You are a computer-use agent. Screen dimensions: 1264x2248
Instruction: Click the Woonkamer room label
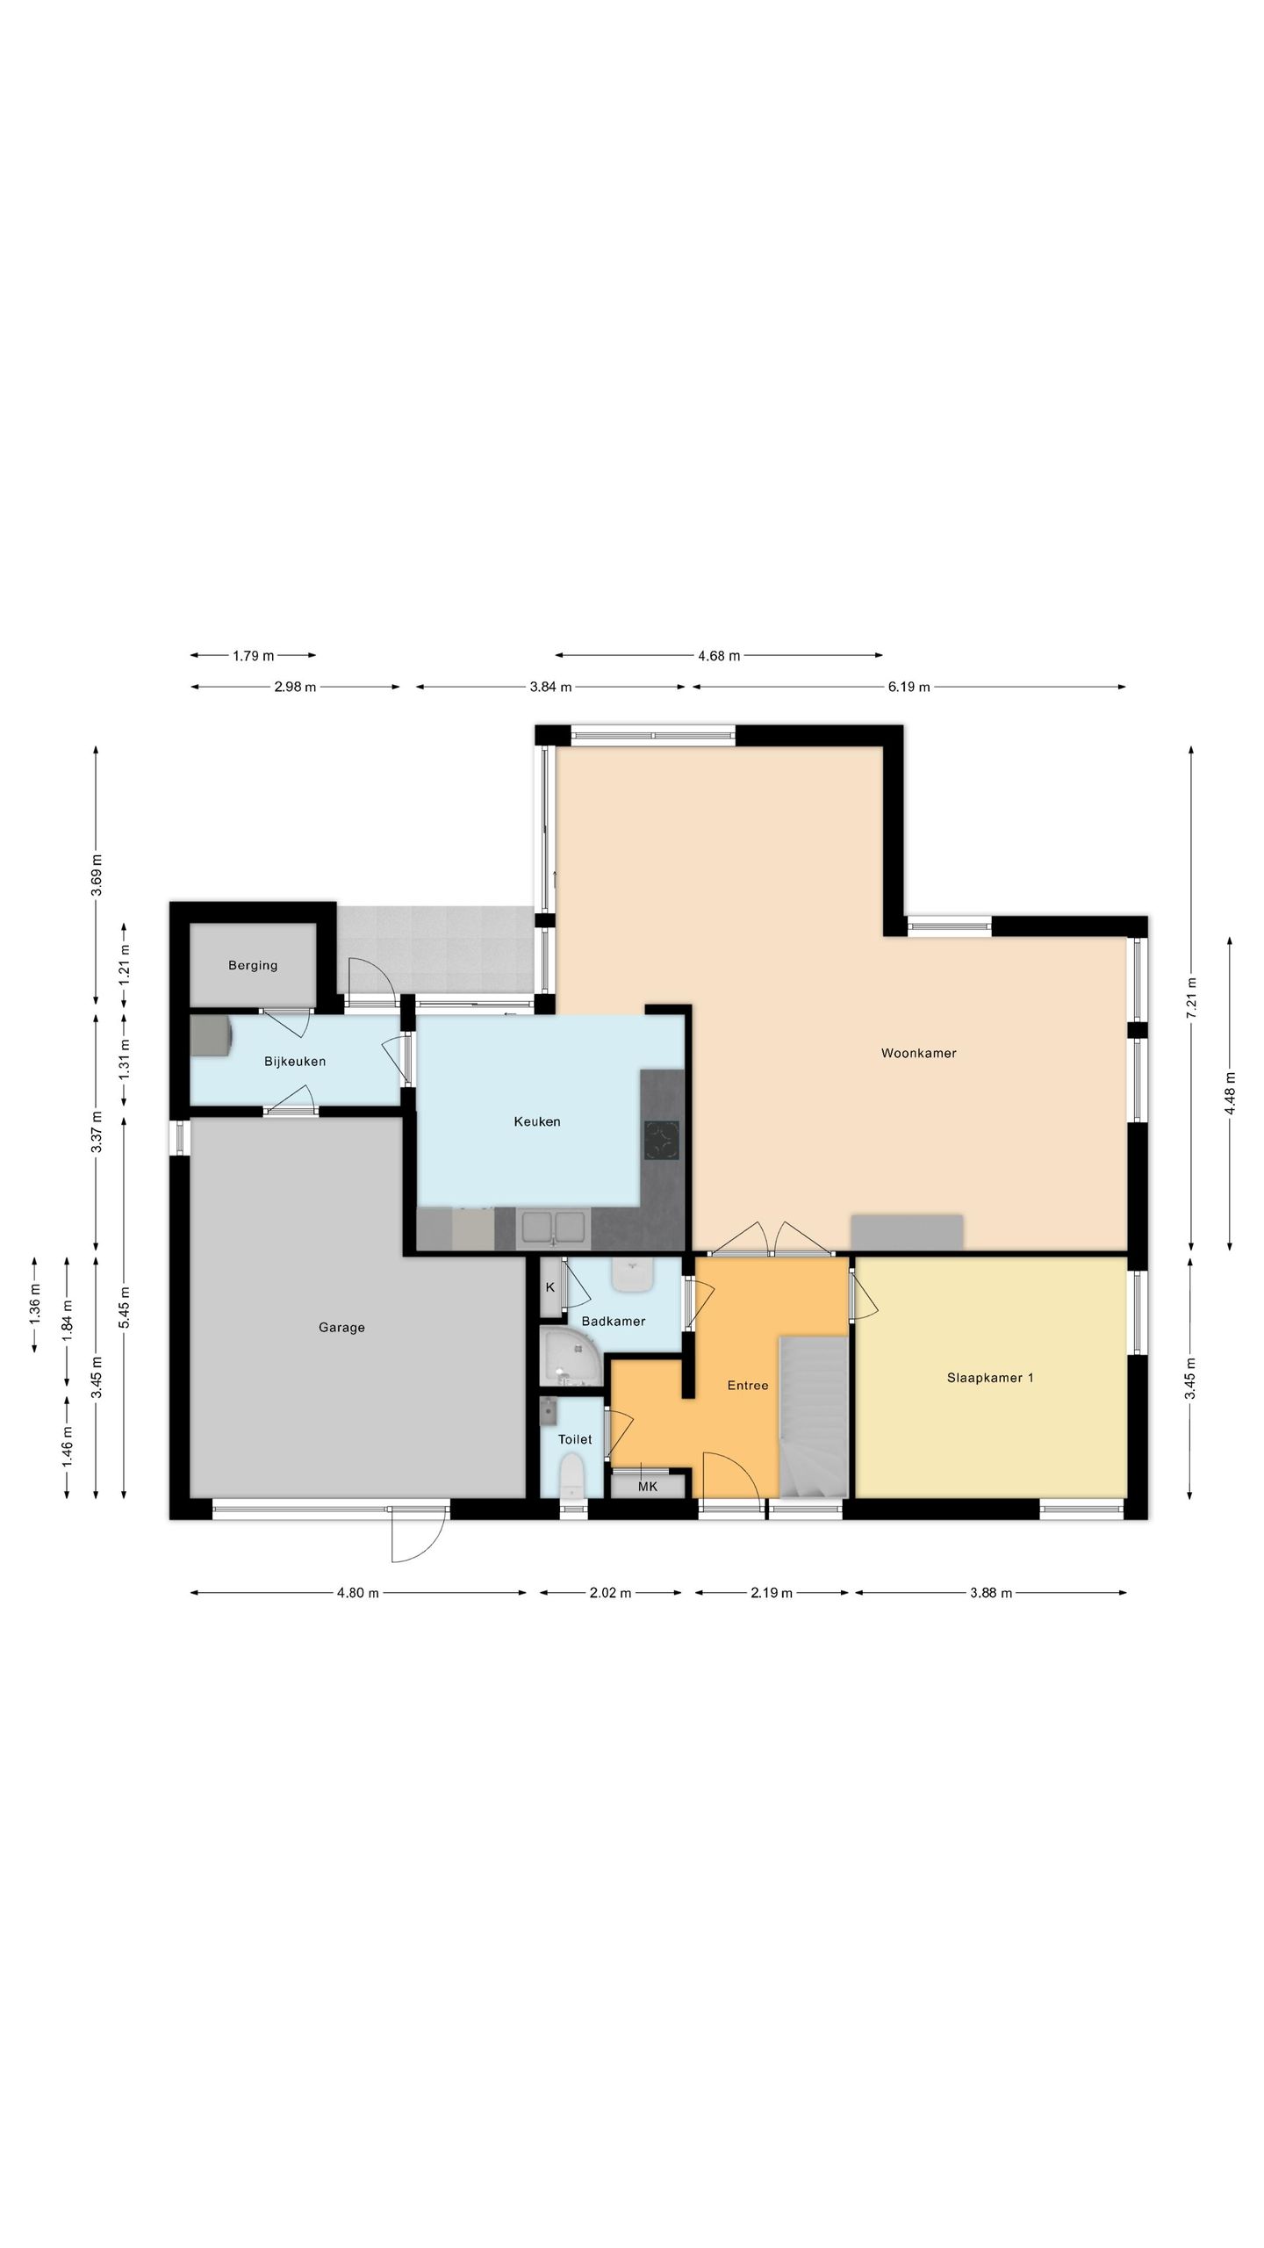(x=918, y=1053)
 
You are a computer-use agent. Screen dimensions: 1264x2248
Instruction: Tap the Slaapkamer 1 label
(x=990, y=1378)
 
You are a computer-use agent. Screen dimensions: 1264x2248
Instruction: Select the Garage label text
(x=341, y=1328)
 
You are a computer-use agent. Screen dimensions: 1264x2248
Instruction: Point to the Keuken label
(x=537, y=1121)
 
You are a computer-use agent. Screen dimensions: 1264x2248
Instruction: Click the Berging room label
(x=253, y=966)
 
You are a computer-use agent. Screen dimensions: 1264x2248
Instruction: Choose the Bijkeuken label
(x=295, y=1062)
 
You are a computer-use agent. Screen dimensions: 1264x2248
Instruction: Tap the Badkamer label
(x=614, y=1321)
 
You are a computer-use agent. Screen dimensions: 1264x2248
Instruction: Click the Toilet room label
(x=575, y=1439)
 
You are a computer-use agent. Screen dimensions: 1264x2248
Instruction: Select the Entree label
(x=748, y=1386)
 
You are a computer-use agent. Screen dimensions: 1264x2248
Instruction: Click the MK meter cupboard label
(x=648, y=1487)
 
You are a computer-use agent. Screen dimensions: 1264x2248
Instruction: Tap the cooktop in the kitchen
(x=662, y=1141)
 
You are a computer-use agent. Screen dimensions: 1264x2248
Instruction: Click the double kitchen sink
(x=552, y=1228)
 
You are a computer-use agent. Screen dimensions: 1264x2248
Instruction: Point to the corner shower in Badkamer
(x=569, y=1357)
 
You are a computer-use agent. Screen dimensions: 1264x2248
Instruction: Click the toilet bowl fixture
(x=571, y=1476)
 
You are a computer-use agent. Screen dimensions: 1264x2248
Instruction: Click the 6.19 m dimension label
(x=908, y=687)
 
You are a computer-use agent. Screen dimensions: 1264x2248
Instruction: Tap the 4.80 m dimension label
(x=358, y=1593)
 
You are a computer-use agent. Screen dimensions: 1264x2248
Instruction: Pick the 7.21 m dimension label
(x=1191, y=998)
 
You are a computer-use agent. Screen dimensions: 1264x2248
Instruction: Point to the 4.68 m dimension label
(x=719, y=655)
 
